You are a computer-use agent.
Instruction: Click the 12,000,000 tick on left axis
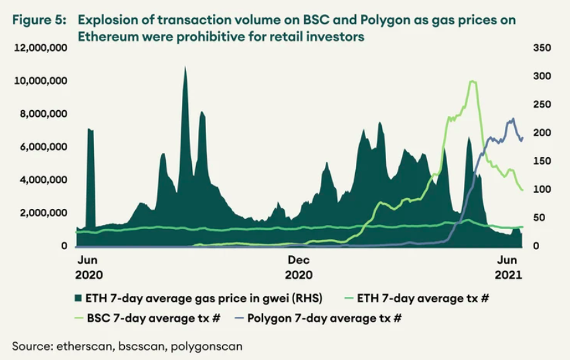(40, 48)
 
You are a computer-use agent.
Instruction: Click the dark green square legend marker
(78, 297)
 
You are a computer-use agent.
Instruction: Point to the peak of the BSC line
(473, 81)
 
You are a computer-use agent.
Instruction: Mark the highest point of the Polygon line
(512, 119)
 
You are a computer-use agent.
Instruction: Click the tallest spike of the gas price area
(185, 67)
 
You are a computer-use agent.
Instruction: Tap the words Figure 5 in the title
(37, 21)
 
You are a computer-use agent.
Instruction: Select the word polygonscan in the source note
(209, 346)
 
